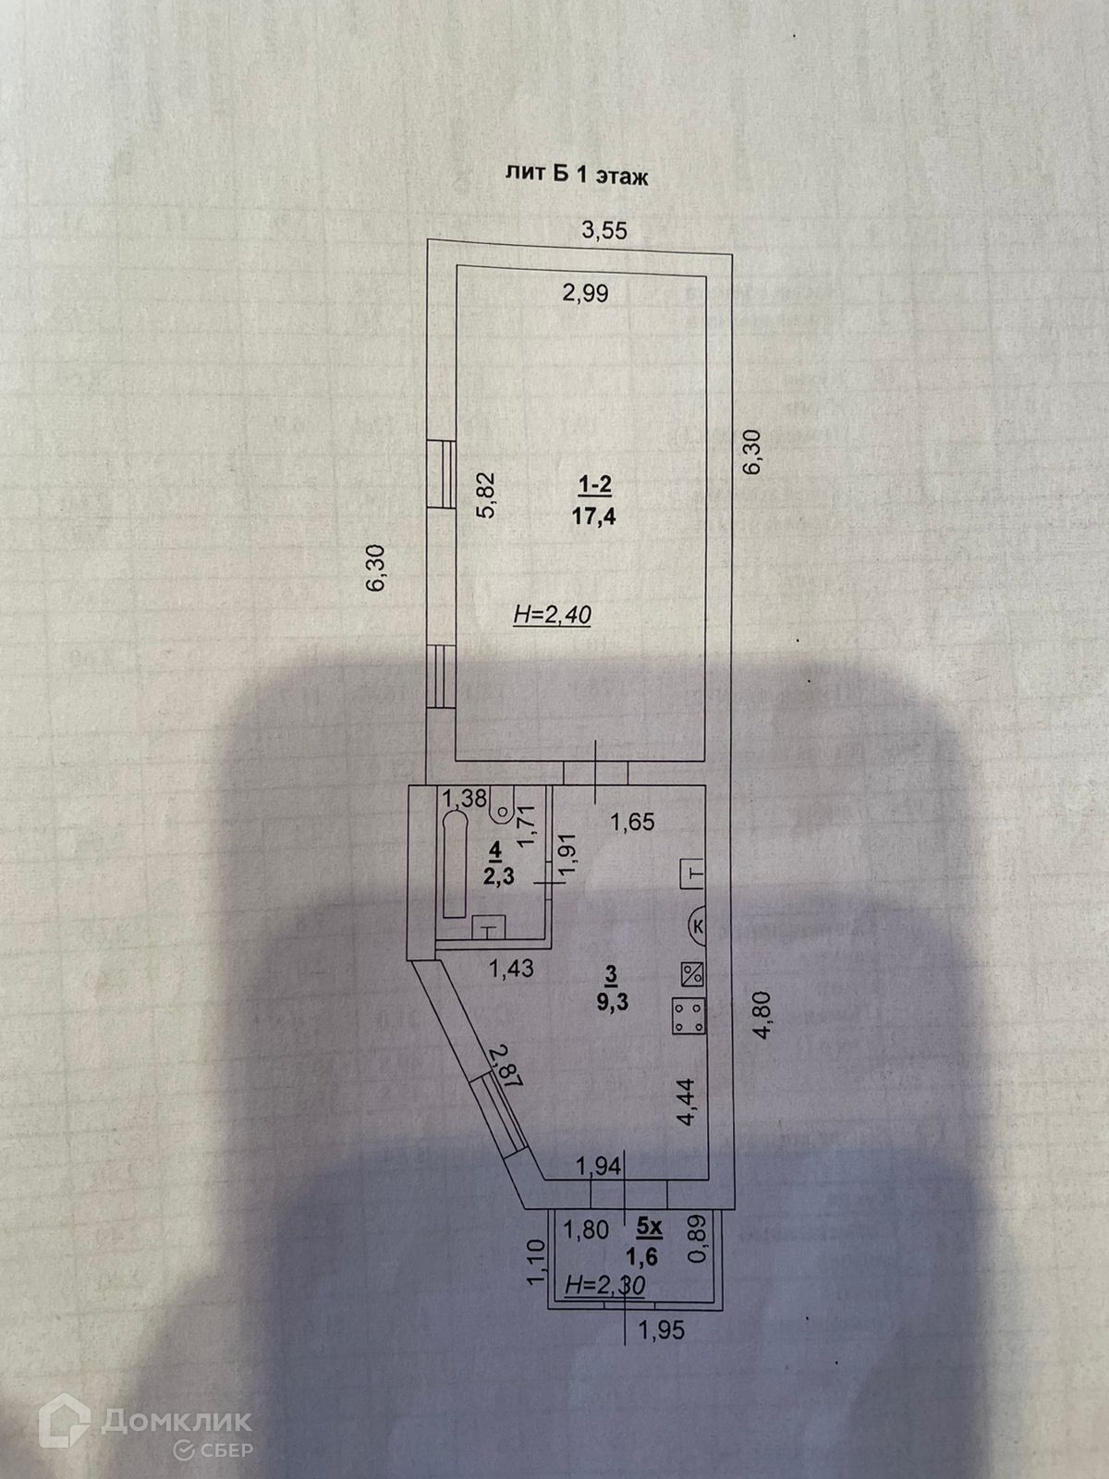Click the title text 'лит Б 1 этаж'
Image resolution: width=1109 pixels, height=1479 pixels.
click(x=576, y=176)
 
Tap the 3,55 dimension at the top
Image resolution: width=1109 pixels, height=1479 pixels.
click(x=603, y=231)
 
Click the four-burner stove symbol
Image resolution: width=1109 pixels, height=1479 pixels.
click(x=687, y=1018)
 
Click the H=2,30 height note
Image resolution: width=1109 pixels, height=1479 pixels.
click(x=605, y=1283)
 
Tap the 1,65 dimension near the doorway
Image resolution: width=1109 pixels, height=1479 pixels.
click(x=633, y=822)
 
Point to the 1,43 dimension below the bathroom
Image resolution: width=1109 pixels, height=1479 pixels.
click(x=510, y=968)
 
